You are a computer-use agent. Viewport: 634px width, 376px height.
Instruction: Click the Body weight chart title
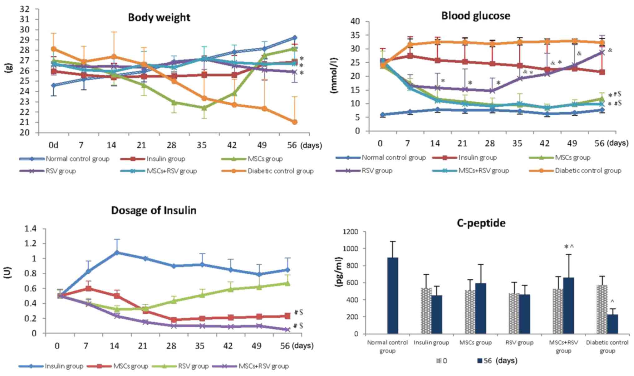(x=159, y=17)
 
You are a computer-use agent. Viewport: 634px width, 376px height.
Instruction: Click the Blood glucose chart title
(x=475, y=16)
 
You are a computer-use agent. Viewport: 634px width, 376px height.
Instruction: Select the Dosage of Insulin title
(x=154, y=210)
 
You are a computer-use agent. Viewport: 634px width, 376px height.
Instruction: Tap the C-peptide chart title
(x=481, y=223)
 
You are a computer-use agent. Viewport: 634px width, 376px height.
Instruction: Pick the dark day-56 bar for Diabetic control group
(x=612, y=324)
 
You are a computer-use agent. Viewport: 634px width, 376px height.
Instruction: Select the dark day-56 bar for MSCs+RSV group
(x=568, y=306)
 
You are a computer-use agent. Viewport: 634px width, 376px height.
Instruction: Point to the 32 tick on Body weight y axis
(x=25, y=9)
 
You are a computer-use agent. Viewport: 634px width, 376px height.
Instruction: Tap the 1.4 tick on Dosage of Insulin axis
(x=30, y=229)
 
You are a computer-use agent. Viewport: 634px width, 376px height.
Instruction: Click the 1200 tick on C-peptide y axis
(x=350, y=232)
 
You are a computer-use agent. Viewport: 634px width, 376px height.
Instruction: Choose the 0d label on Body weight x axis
(x=53, y=145)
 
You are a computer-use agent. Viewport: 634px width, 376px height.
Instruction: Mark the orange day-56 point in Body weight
(x=294, y=122)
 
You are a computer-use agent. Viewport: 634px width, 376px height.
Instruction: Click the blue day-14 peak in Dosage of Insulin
(x=117, y=253)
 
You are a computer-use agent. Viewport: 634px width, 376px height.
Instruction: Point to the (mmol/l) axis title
(x=334, y=75)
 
